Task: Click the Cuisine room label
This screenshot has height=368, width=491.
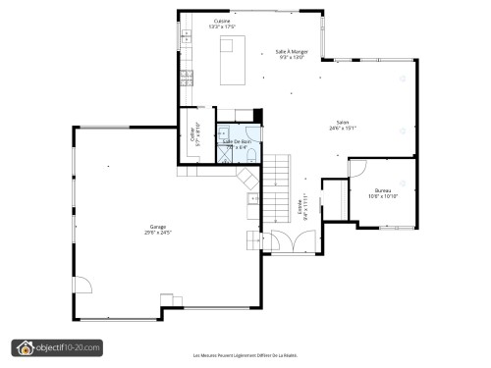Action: pos(223,20)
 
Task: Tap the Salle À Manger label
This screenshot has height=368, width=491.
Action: pos(292,51)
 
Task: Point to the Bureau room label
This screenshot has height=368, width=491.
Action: pos(383,190)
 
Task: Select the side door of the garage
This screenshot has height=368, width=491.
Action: pos(83,287)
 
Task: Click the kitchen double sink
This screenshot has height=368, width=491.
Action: pos(185,39)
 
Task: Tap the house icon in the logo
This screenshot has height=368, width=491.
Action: pos(25,347)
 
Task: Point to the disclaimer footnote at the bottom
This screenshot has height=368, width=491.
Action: pos(245,356)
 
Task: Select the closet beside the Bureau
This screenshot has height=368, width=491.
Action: pos(334,196)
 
